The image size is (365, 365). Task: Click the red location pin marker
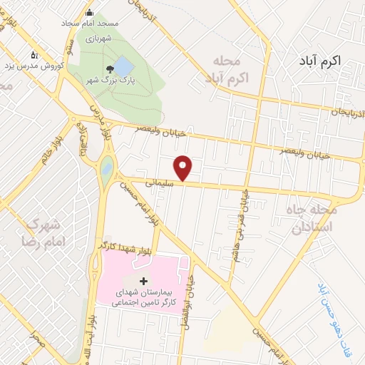[x=184, y=168]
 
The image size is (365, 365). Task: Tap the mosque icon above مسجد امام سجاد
[x=90, y=11]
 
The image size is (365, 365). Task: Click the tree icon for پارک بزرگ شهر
[x=110, y=68]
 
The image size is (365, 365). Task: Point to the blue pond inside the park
[x=124, y=66]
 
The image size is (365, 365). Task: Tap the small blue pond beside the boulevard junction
[x=107, y=168]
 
